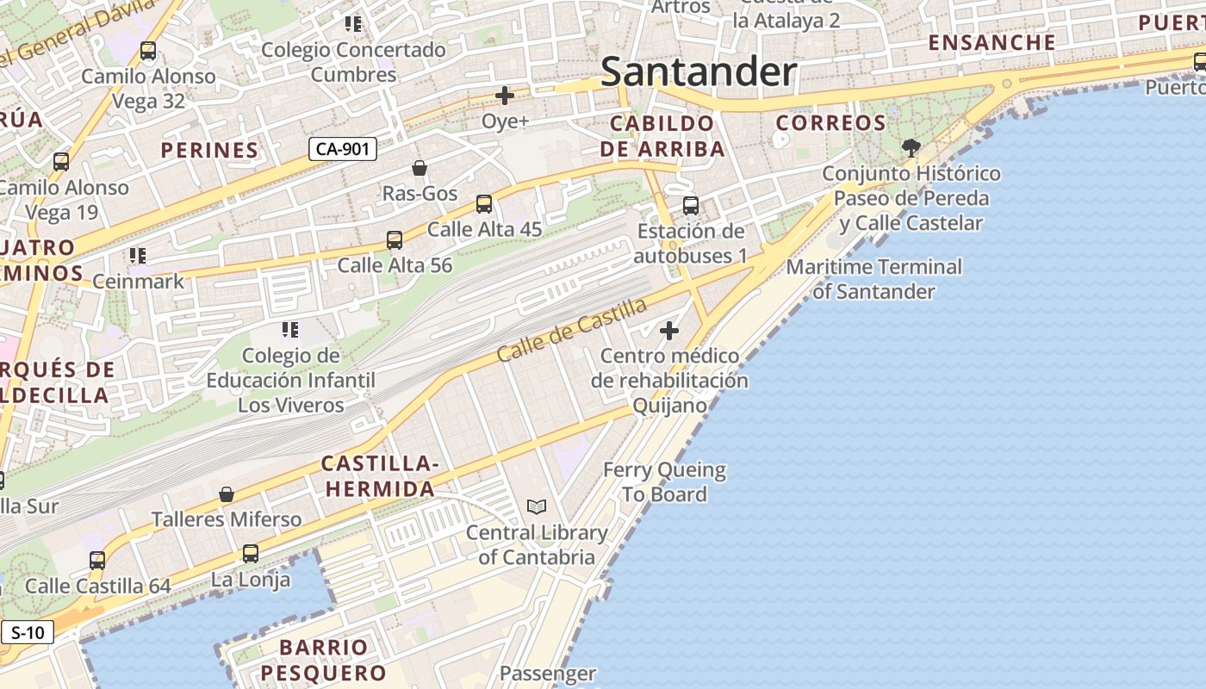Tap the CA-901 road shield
[343, 149]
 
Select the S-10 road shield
[28, 633]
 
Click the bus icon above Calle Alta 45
[484, 204]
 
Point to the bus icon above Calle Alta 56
[395, 240]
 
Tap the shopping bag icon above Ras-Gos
[420, 168]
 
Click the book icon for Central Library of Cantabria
[537, 507]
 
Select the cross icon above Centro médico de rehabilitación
[668, 331]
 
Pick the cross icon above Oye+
[505, 96]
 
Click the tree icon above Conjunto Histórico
[911, 148]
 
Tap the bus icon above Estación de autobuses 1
[691, 206]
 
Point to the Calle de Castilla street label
[572, 330]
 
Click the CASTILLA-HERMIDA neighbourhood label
[379, 476]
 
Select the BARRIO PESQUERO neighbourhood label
[324, 660]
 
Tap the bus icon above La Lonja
[251, 554]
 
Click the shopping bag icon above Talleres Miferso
[227, 494]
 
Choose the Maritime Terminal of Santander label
[873, 279]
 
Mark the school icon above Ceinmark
[138, 256]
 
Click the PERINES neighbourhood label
[209, 150]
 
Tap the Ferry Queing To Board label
[664, 482]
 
